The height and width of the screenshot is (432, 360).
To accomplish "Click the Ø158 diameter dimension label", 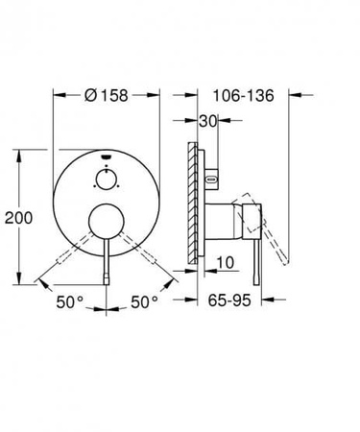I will pos(107,95).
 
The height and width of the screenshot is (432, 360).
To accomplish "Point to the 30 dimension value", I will pos(207,120).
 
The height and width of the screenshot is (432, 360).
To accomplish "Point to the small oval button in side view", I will pos(213,179).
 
